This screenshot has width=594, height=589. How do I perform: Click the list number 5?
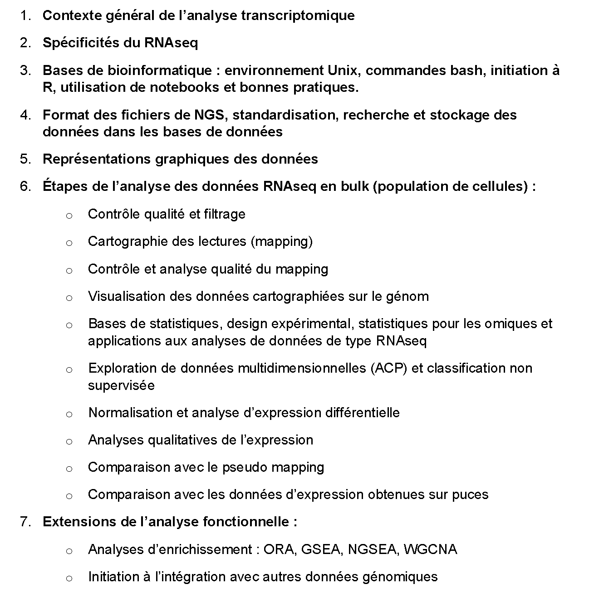coord(25,159)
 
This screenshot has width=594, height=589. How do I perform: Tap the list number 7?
coord(25,522)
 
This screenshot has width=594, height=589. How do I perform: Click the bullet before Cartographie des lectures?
coord(69,243)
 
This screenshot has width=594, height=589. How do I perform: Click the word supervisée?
coord(121,385)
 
